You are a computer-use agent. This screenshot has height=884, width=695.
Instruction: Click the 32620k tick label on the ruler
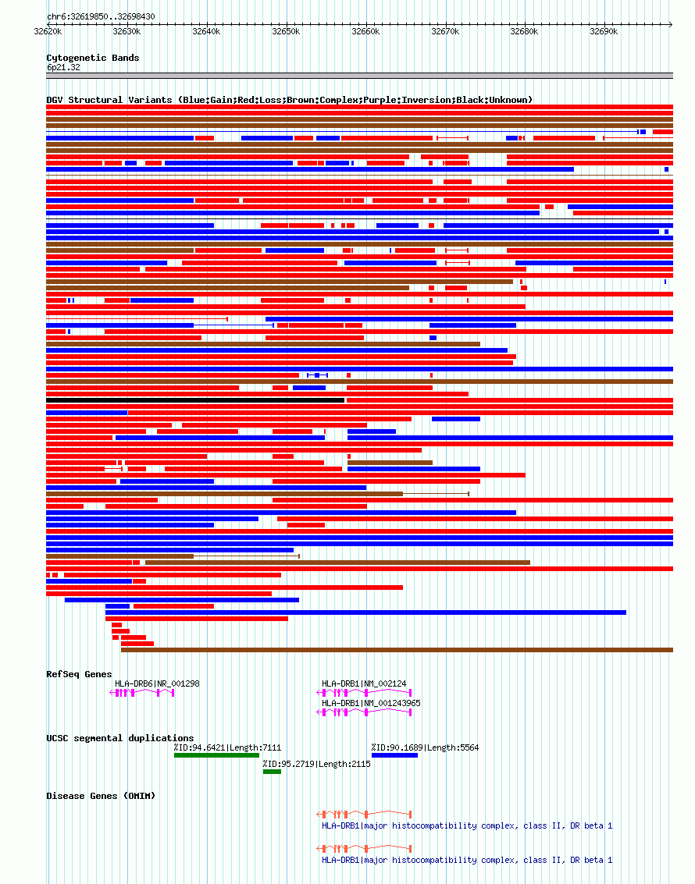(48, 31)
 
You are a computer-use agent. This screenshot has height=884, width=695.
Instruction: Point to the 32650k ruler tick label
(286, 31)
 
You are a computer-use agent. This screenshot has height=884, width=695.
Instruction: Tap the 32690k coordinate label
(604, 31)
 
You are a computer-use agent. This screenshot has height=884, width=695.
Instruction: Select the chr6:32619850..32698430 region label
(101, 16)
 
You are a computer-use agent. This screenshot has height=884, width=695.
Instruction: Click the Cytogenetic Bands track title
(93, 58)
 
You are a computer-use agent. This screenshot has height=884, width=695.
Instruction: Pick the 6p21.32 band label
(63, 67)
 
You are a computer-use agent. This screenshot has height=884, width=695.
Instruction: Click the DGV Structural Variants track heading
(289, 100)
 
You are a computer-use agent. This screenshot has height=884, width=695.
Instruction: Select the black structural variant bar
(195, 400)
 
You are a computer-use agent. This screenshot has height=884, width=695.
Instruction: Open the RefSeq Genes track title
(79, 674)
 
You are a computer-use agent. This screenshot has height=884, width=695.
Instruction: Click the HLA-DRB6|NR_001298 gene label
(157, 683)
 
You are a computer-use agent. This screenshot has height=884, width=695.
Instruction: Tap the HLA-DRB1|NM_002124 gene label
(364, 683)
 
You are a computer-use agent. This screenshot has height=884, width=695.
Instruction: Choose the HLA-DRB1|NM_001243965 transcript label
(371, 703)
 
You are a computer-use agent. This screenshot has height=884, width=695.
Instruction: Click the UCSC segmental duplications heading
(120, 738)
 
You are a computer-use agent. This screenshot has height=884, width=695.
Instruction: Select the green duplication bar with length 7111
(216, 754)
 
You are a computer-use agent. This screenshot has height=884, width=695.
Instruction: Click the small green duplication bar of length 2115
(272, 772)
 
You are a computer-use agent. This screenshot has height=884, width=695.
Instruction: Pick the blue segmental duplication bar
(394, 754)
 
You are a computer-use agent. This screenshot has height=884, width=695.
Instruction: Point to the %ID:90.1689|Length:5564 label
(425, 747)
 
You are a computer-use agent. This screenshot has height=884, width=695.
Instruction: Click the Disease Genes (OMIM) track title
(101, 796)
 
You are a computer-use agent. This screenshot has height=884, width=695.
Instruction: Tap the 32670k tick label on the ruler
(445, 31)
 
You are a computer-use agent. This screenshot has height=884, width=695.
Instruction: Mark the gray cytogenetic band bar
(359, 76)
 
